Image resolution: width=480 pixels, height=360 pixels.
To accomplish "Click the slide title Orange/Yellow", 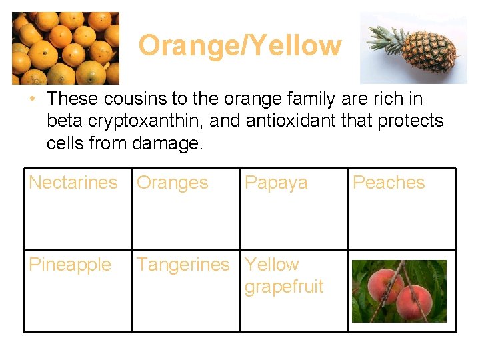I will click(239, 46).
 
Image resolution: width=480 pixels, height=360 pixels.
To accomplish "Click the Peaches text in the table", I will click(388, 183).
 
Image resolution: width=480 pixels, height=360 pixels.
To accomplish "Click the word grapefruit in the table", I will click(284, 287).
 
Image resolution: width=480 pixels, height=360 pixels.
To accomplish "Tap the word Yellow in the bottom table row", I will click(272, 265).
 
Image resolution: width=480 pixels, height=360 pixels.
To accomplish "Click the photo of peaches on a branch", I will click(399, 291).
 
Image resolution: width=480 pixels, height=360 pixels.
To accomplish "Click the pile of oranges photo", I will click(65, 48).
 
